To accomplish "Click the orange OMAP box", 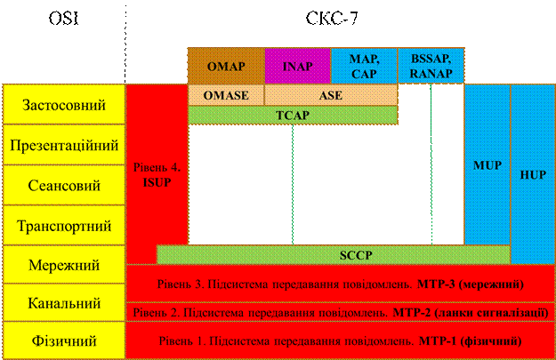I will click(x=227, y=66).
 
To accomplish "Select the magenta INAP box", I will click(x=297, y=66).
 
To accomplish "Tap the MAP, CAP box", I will click(x=363, y=66).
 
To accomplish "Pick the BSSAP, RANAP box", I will click(x=431, y=66).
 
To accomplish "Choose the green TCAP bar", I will click(x=292, y=115).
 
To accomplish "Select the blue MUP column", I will click(x=488, y=165).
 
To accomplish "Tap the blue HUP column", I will click(x=533, y=174).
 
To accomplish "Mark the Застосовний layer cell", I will click(x=63, y=105).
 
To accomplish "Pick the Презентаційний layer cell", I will click(x=63, y=145).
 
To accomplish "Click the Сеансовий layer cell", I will click(x=63, y=186).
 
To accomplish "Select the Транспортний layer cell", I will click(x=63, y=225).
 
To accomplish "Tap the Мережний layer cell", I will click(x=63, y=264).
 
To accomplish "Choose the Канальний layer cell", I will click(x=63, y=303).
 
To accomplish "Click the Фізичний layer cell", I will click(x=63, y=340).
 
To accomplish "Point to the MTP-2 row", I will click(x=339, y=312).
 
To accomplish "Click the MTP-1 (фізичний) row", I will click(x=339, y=340).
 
